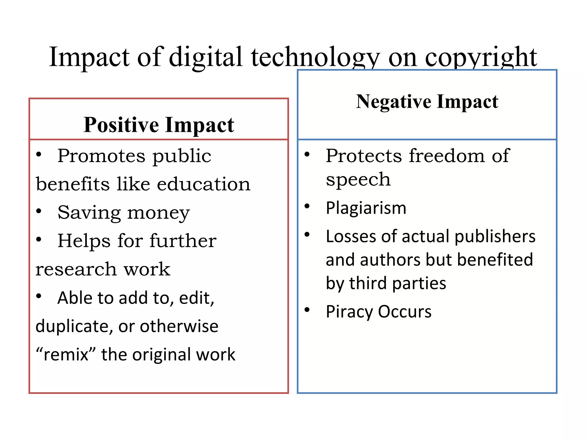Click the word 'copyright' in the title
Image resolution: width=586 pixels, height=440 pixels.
(481, 57)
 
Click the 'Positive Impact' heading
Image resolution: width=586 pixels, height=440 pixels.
(159, 125)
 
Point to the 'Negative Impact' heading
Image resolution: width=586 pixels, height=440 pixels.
(427, 102)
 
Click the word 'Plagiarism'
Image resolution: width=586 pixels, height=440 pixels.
(366, 208)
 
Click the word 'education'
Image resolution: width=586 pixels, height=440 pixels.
(203, 184)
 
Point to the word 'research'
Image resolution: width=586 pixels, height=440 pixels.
(76, 269)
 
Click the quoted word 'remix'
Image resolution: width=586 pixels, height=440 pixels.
(66, 355)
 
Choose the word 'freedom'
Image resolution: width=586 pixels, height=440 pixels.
(447, 156)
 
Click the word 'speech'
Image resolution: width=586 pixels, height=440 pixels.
(358, 180)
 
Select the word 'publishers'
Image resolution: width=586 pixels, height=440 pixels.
(495, 237)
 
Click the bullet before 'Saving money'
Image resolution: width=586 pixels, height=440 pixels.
(39, 211)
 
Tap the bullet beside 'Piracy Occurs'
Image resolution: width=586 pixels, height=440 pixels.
(307, 310)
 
